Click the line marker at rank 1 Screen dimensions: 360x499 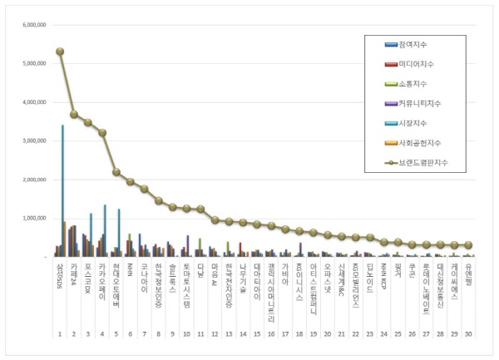tap(60, 52)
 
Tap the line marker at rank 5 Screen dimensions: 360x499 tap(116, 172)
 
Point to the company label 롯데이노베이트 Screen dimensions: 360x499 tap(427, 286)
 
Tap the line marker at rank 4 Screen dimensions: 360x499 tap(102, 133)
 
